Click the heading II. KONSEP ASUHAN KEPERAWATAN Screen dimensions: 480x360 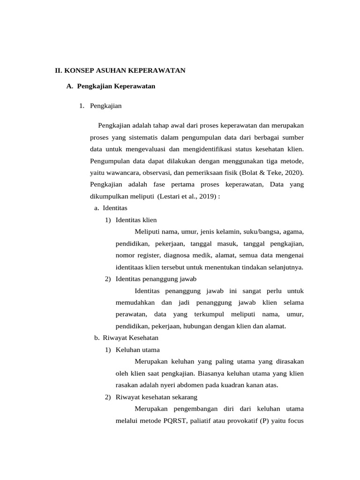click(120, 70)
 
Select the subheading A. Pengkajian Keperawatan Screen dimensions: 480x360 click(111, 86)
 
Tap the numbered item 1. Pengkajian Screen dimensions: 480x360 click(100, 106)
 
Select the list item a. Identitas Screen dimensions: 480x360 click(111, 208)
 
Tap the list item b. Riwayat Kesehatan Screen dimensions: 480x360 click(126, 337)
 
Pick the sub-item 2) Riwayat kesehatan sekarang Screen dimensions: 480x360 click(151, 397)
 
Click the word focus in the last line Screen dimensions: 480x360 click(295, 420)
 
